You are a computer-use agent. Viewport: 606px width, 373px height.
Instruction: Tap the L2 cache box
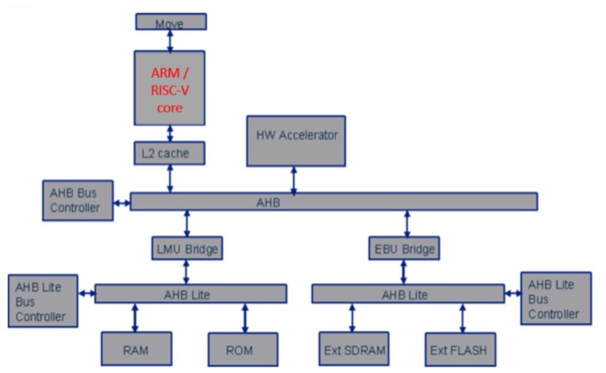click(169, 153)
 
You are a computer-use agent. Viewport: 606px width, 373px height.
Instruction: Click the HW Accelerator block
click(296, 141)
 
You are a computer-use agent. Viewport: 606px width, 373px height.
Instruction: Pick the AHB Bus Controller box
click(78, 200)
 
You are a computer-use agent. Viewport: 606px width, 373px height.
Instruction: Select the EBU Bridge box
click(405, 249)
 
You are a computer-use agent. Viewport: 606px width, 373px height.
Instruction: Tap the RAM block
click(136, 349)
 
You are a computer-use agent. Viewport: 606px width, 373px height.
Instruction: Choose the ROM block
click(243, 349)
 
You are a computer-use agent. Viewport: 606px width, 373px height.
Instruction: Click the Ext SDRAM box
click(354, 349)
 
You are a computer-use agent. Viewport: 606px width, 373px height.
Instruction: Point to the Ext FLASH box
click(460, 349)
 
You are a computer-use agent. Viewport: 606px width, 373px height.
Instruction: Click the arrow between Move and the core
click(170, 40)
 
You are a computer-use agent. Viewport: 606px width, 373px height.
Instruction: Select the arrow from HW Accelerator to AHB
click(294, 180)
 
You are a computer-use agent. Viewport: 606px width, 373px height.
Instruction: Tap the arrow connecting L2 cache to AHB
click(170, 179)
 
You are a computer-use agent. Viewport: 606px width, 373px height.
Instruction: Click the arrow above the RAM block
click(135, 317)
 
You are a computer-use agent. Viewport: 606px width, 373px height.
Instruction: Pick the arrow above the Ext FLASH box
click(462, 317)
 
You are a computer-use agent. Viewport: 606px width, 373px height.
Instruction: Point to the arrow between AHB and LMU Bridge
click(187, 224)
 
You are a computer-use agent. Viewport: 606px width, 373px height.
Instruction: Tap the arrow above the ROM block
click(244, 317)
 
